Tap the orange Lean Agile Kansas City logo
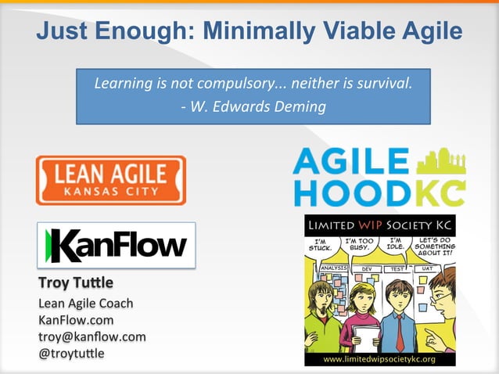pyautogui.click(x=110, y=180)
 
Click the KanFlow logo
pyautogui.click(x=116, y=245)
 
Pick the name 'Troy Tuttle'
pyautogui.click(x=75, y=282)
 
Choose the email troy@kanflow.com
pyautogui.click(x=92, y=336)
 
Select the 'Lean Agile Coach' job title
pyautogui.click(x=85, y=303)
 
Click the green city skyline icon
pyautogui.click(x=441, y=160)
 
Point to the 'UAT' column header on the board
pyautogui.click(x=427, y=268)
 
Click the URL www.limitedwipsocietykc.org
pyautogui.click(x=379, y=359)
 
